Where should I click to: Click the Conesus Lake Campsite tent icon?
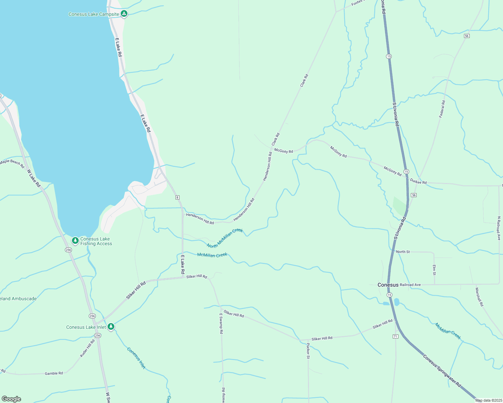[124, 14]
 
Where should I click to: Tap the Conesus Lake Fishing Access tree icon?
[75, 241]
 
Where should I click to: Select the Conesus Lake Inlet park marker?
[111, 327]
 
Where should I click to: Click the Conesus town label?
[388, 285]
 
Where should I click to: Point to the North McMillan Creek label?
[225, 238]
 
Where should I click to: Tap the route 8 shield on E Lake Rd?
[177, 197]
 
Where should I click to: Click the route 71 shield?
[395, 336]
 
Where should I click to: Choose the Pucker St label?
[308, 351]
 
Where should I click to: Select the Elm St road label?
[434, 270]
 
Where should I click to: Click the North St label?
[403, 252]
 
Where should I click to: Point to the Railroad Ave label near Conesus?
[410, 285]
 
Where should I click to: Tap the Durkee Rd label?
[418, 181]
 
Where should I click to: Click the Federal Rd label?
[442, 109]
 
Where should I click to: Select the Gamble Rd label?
[54, 373]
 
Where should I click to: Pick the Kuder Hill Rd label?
[87, 348]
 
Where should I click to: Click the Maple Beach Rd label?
[12, 163]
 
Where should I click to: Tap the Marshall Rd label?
[479, 297]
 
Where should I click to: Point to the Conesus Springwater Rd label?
[442, 370]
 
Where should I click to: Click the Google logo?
[11, 399]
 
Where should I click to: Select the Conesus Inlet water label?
[136, 358]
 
